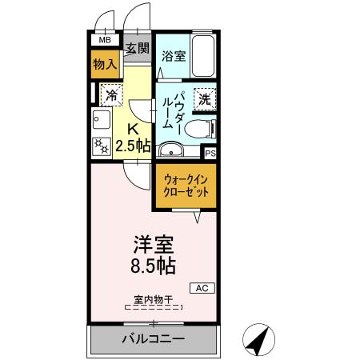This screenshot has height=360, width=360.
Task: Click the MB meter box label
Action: pyautogui.click(x=105, y=39)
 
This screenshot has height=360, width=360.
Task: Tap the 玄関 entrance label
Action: pyautogui.click(x=138, y=49)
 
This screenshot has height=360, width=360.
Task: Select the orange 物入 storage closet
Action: pyautogui.click(x=105, y=62)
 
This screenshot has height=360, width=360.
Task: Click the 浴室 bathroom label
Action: pyautogui.click(x=174, y=56)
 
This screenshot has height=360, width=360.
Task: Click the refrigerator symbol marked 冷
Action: pyautogui.click(x=110, y=94)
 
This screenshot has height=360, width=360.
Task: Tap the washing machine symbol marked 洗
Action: pyautogui.click(x=205, y=99)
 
